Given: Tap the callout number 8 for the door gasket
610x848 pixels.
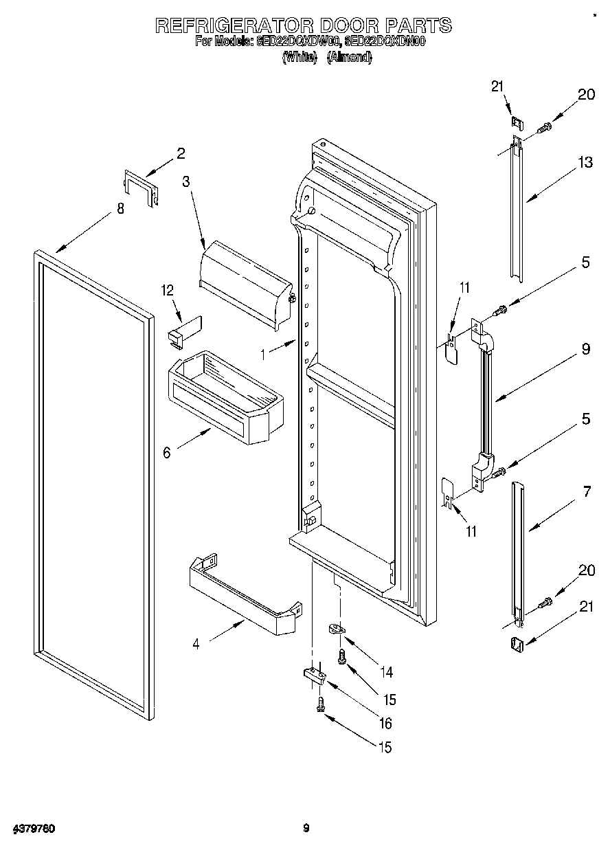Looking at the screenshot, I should click(121, 209).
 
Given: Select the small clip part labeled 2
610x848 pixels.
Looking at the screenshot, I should click(142, 186).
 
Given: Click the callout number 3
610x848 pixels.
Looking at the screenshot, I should click(186, 181).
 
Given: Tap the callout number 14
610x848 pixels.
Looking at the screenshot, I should click(389, 671).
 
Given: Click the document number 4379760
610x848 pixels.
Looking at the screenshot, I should click(33, 828).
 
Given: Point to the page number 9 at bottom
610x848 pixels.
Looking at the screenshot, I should click(306, 828).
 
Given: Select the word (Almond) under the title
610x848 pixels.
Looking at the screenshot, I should click(350, 58).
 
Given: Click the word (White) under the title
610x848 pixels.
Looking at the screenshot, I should click(300, 58).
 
